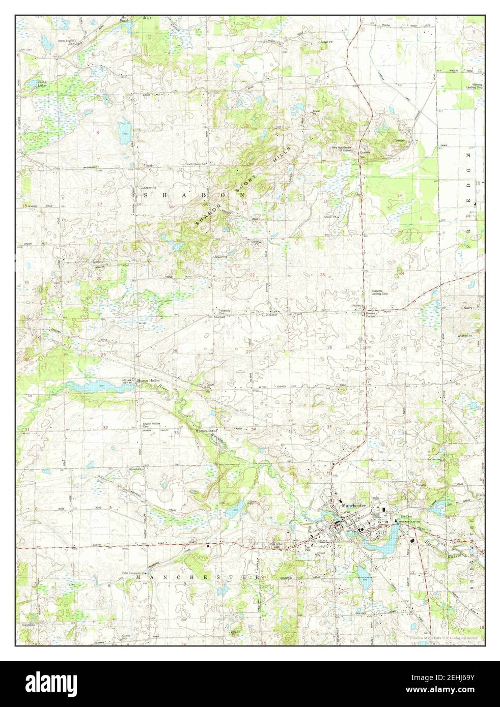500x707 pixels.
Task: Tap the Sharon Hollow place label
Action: click(x=148, y=381)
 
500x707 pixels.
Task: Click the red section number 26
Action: click(x=329, y=348)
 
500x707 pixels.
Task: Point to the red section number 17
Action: click(x=100, y=204)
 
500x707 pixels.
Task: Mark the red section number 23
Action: click(x=322, y=275)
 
